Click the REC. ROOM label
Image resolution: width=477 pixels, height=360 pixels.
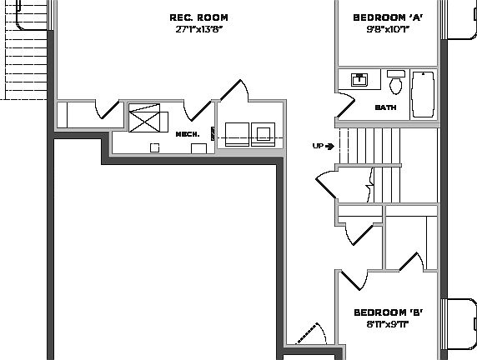(198, 17)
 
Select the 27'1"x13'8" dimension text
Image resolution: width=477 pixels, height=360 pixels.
(198, 29)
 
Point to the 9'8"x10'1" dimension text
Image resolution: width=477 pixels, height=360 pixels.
(388, 29)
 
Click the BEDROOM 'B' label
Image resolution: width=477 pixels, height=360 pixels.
(388, 312)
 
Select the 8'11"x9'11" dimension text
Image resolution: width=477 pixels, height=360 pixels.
(388, 324)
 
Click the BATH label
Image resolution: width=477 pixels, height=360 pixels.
(385, 107)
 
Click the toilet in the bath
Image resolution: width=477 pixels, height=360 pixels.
(397, 83)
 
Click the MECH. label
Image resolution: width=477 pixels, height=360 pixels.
(187, 134)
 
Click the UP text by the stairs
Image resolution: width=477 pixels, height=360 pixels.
(318, 146)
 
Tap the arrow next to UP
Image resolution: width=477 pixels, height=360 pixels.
(330, 146)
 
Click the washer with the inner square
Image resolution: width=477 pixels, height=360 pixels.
(265, 133)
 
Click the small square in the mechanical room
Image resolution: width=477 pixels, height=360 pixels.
(154, 147)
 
